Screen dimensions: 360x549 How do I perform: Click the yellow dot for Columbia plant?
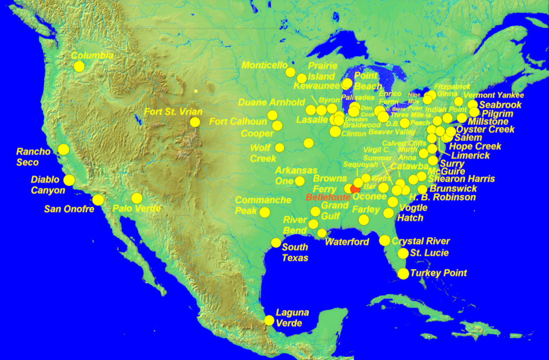click(x=79, y=67)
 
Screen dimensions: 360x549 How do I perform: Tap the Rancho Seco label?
click(x=33, y=156)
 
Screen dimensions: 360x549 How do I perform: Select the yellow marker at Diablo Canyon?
click(x=69, y=180)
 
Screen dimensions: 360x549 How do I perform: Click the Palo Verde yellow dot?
click(x=137, y=198)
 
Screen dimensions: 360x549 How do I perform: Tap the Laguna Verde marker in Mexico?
click(x=269, y=320)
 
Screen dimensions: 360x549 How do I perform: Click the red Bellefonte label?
click(x=328, y=198)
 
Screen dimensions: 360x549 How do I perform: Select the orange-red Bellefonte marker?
click(x=354, y=189)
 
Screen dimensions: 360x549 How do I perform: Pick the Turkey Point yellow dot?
click(x=404, y=274)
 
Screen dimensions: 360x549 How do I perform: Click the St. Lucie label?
click(x=429, y=253)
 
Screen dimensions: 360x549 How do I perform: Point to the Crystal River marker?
click(x=384, y=240)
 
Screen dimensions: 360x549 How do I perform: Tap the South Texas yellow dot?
click(x=276, y=243)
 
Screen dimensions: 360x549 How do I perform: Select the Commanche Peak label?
click(x=263, y=205)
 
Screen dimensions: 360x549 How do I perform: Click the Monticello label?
click(x=265, y=65)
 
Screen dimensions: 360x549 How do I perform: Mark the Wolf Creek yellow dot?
click(x=279, y=148)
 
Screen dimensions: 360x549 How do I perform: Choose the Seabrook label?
click(x=500, y=105)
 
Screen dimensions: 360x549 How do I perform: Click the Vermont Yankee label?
click(x=493, y=95)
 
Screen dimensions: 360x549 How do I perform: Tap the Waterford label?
click(x=347, y=242)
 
